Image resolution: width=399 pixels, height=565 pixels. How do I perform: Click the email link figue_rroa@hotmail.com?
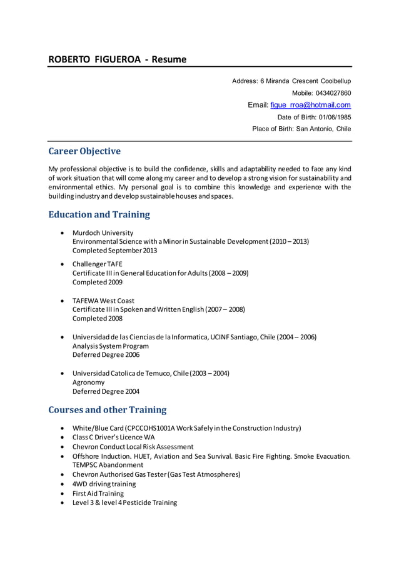310,105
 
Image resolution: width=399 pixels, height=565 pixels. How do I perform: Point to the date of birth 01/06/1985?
335,117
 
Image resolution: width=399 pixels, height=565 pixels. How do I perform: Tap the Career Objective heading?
84,151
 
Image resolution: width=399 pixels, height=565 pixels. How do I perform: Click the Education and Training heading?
99,214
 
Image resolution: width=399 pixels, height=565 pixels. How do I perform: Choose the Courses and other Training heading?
108,410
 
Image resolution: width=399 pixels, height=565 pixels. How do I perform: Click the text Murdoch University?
103,232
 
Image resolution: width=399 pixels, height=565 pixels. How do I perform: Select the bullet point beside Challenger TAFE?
63,264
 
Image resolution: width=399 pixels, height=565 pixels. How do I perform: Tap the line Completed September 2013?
114,251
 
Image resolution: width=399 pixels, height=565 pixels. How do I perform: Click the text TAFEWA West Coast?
103,301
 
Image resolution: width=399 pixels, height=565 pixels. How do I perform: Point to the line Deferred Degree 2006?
106,354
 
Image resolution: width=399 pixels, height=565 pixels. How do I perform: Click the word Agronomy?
89,382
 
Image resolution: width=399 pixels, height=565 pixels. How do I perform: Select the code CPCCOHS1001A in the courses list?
151,428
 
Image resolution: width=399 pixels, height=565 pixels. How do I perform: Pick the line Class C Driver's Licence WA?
113,437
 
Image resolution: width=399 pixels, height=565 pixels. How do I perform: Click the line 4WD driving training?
104,484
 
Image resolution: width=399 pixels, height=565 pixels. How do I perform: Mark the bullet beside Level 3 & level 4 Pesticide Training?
63,502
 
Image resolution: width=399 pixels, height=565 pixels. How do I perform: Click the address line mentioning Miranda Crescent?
291,81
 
